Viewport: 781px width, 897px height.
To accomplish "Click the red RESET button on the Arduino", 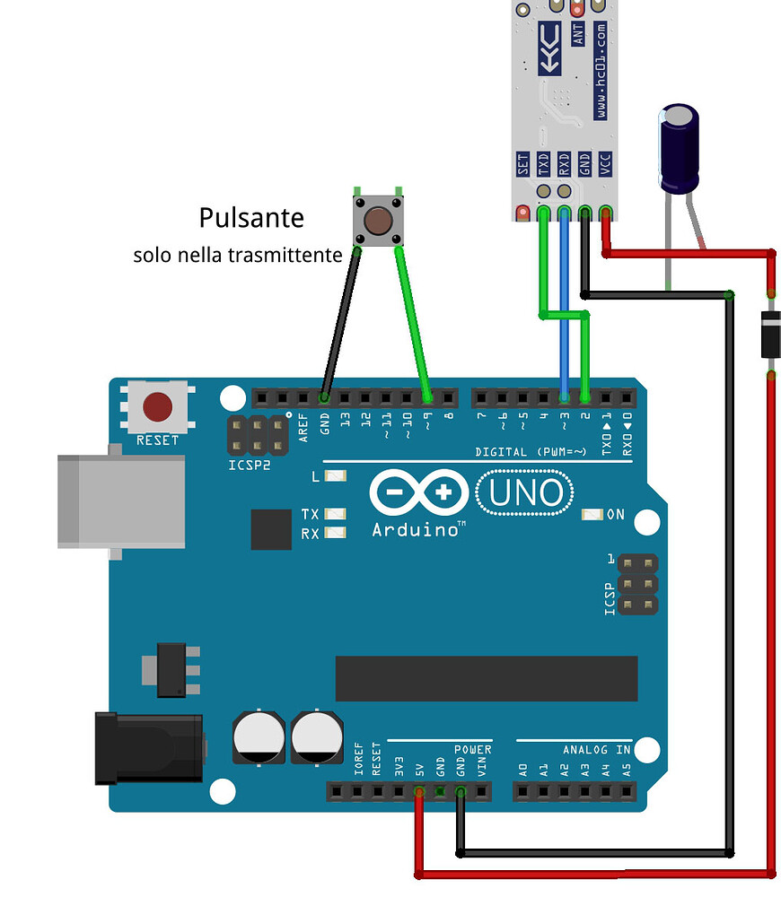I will pyautogui.click(x=158, y=406).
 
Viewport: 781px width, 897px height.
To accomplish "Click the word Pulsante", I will pyautogui.click(x=251, y=218).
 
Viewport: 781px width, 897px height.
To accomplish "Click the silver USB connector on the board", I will pyautogui.click(x=120, y=501).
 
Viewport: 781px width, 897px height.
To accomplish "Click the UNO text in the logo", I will pyautogui.click(x=527, y=492).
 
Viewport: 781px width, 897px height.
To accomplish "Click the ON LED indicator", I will pyautogui.click(x=592, y=515).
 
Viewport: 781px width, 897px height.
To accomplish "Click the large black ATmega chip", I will pyautogui.click(x=486, y=678).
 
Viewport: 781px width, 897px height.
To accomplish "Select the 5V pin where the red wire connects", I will pyautogui.click(x=419, y=792).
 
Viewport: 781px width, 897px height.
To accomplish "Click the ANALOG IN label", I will pyautogui.click(x=597, y=749).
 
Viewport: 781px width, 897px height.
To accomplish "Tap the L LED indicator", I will pyautogui.click(x=335, y=476).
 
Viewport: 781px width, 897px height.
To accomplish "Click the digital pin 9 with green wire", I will pyautogui.click(x=427, y=396).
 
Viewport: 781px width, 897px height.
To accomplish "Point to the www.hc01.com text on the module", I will pyautogui.click(x=600, y=72).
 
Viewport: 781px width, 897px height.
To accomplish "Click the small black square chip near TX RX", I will pyautogui.click(x=272, y=529).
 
